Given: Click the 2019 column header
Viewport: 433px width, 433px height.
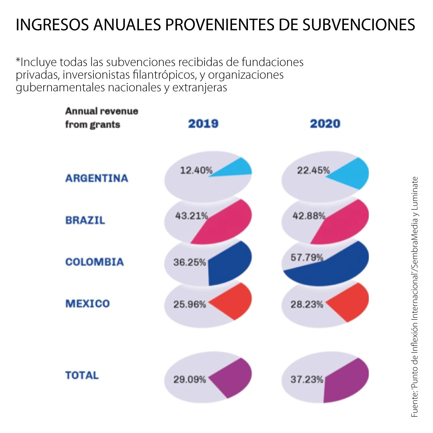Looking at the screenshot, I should coord(203,124).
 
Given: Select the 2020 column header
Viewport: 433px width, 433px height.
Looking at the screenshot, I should coord(325,124).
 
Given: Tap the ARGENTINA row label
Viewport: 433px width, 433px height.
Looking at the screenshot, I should coord(97,178).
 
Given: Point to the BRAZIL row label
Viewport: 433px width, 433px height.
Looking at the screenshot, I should coord(85,220).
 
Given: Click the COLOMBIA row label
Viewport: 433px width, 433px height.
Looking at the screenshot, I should coord(95,262).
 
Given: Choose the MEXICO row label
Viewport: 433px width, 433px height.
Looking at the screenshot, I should coord(87,303).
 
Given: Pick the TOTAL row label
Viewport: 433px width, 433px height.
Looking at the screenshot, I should coord(82,375).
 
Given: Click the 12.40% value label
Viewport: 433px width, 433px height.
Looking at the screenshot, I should coord(196,170).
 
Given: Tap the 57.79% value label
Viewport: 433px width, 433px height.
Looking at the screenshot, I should coord(307,257).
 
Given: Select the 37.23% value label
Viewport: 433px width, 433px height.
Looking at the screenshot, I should coord(307,380).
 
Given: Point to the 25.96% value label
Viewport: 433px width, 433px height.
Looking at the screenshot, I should coord(189,305).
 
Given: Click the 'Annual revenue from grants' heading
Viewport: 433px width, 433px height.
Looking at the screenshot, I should coord(101,118).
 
